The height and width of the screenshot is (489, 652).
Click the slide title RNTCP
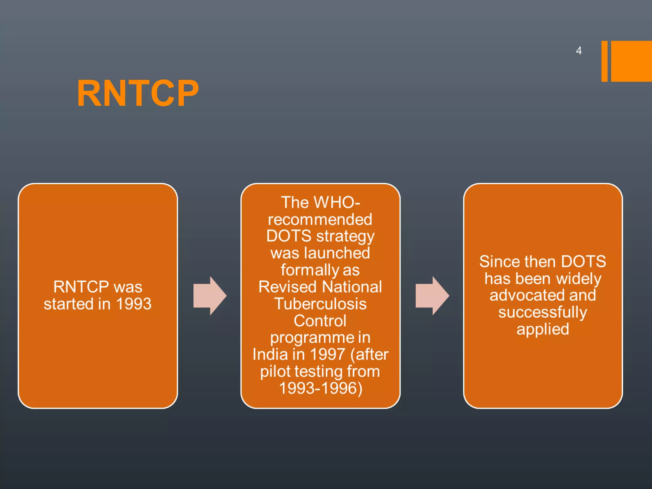pyautogui.click(x=138, y=93)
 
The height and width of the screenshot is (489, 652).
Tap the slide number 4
pyautogui.click(x=578, y=51)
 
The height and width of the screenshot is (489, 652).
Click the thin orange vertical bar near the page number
pyautogui.click(x=604, y=61)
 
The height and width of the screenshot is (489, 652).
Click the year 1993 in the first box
pyautogui.click(x=133, y=304)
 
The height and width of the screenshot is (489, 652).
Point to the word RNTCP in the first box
pyautogui.click(x=81, y=287)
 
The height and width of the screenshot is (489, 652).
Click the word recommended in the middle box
pyautogui.click(x=320, y=220)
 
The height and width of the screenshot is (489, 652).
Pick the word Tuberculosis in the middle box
pyautogui.click(x=320, y=304)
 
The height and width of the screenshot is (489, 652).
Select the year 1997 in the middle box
pyautogui.click(x=327, y=355)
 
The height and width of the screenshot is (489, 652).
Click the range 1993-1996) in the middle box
pyautogui.click(x=321, y=388)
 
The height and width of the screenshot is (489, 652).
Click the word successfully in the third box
pyautogui.click(x=542, y=312)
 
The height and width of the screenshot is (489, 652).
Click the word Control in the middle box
pyautogui.click(x=320, y=321)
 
